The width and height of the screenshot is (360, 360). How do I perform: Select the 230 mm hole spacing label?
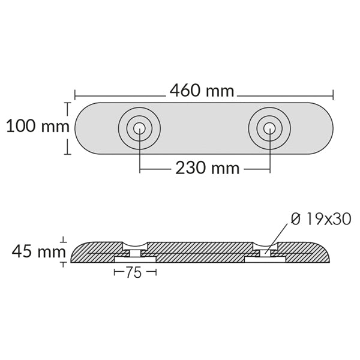coord(207,168)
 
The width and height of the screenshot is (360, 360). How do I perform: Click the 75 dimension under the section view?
coord(134,273)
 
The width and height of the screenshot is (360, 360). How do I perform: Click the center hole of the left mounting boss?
coord(139,128)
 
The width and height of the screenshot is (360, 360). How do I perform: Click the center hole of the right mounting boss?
coord(269,128)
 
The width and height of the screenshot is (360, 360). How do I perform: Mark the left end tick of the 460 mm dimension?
coord(75,94)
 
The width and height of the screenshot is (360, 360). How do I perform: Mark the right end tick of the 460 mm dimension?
coord(333,94)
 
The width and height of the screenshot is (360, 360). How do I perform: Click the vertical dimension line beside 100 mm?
coord(67,128)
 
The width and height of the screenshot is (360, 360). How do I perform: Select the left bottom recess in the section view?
coord(135,259)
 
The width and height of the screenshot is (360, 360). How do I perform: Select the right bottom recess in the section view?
coord(265,259)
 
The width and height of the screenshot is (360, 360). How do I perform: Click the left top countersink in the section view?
coord(135,245)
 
